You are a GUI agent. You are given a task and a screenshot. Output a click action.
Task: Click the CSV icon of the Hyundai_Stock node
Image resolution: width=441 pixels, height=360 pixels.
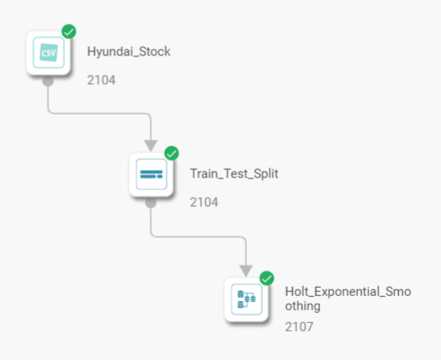[x=49, y=52]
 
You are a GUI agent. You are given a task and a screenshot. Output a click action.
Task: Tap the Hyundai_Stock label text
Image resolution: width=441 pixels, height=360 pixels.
[x=129, y=51]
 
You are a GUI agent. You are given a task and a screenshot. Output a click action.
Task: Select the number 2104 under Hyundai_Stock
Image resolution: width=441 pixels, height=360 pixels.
[x=101, y=80]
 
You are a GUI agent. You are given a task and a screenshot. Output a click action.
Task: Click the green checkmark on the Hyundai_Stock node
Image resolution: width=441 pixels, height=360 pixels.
[x=69, y=31]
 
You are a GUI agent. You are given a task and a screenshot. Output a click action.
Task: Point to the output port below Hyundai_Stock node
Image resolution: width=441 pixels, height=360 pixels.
[x=48, y=81]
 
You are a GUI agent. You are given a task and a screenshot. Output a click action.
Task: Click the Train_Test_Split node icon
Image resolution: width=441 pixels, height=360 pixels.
[x=151, y=174]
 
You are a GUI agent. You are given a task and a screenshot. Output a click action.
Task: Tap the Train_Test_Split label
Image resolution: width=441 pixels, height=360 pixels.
[x=234, y=173]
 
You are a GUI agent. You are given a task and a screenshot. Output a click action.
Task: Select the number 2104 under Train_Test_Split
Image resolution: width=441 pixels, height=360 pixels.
[x=204, y=203]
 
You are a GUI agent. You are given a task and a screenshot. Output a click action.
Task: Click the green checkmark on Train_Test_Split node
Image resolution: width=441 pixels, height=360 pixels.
[x=172, y=153]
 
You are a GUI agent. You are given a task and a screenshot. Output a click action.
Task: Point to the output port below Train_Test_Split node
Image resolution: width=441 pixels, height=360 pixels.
[x=151, y=203]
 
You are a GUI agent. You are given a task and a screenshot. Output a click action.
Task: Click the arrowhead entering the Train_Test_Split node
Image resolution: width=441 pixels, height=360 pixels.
[x=151, y=146]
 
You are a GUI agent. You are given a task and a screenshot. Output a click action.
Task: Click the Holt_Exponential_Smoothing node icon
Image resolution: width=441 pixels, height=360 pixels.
[x=247, y=299]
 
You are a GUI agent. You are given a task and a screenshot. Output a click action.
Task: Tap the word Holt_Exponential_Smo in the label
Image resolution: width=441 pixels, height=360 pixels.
[x=348, y=292]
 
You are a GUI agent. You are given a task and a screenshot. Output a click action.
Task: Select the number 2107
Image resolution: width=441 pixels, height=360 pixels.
[x=299, y=327]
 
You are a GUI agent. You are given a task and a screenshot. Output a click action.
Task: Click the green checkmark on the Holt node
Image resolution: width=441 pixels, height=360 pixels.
[x=267, y=278]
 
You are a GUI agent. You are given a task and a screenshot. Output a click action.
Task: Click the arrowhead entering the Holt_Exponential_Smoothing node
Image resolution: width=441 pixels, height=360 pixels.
[x=246, y=271]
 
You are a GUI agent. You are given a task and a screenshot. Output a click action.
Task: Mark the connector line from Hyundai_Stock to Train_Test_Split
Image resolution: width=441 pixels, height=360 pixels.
[x=99, y=114]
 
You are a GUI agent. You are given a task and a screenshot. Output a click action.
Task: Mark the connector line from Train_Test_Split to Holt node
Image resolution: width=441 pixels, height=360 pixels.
[x=199, y=237]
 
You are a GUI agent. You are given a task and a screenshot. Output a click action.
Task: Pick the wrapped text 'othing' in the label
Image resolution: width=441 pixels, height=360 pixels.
[x=303, y=306]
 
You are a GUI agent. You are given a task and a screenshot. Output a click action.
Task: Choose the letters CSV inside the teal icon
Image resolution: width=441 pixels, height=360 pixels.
[x=49, y=53]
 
